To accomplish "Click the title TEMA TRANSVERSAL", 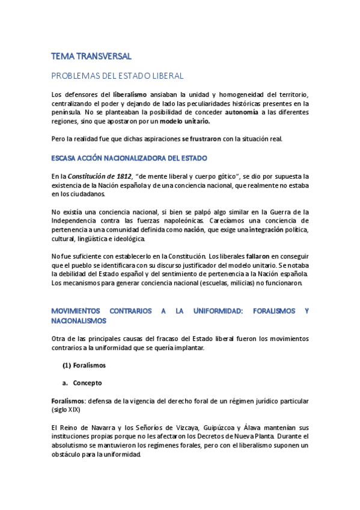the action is pos(91,56).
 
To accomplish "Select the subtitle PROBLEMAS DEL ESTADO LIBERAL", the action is pos(117,76).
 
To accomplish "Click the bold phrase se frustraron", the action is pos(201,139).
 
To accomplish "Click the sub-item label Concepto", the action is pos(87,382).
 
